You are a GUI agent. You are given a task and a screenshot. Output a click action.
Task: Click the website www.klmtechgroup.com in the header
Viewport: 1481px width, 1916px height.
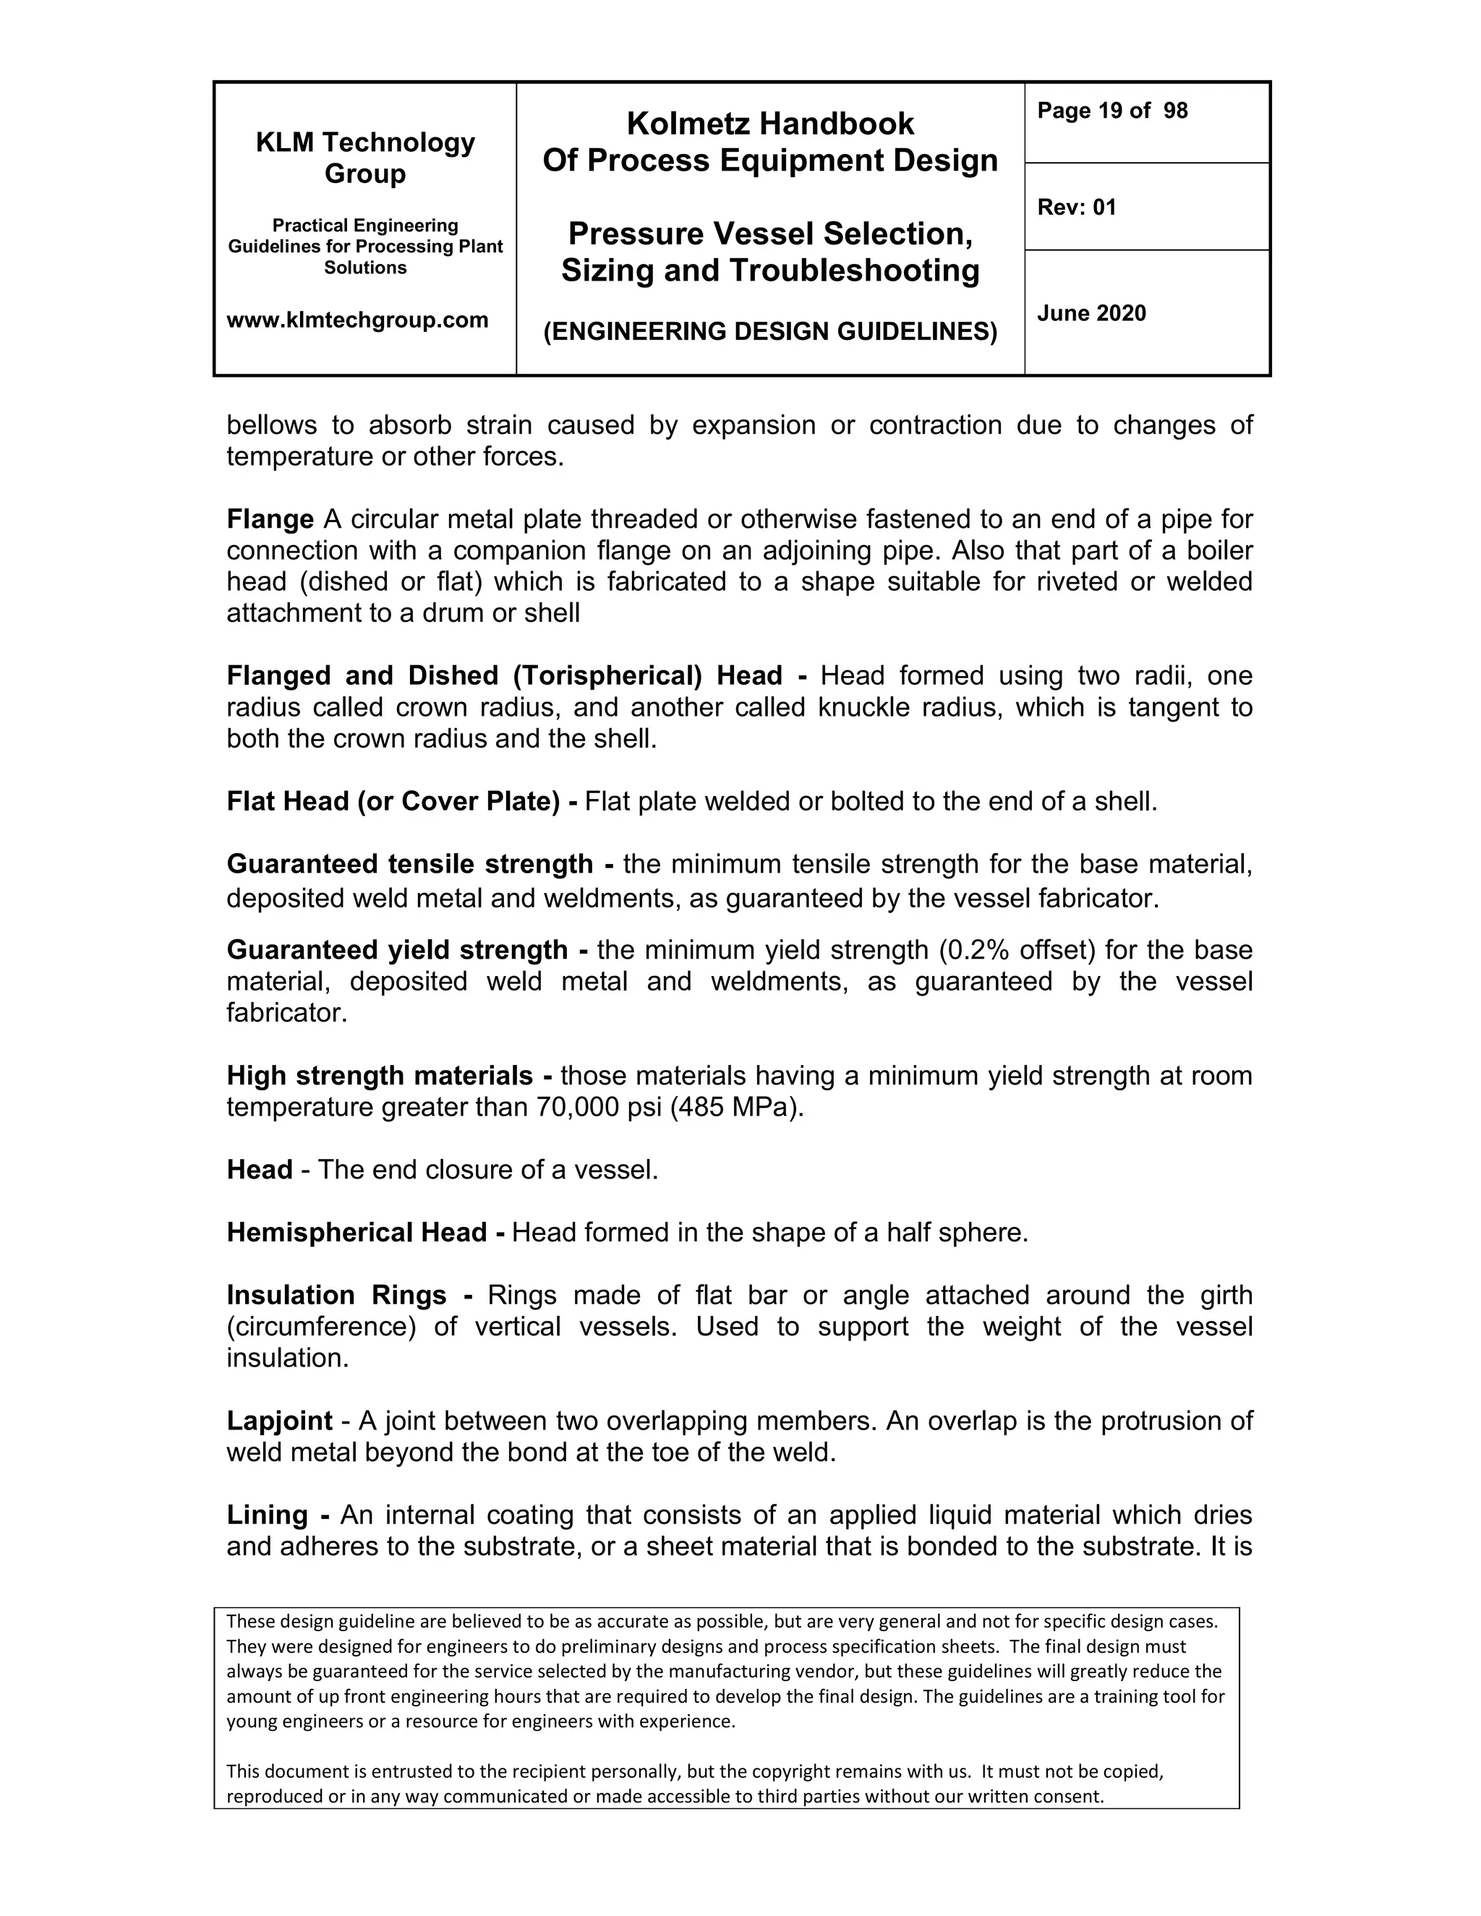357,320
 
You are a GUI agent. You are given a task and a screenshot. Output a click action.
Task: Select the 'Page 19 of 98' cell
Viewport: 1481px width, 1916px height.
1111,111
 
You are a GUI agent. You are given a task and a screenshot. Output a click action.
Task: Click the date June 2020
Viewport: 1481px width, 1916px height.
1091,313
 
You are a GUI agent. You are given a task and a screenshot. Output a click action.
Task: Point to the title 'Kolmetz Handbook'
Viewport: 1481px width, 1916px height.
769,124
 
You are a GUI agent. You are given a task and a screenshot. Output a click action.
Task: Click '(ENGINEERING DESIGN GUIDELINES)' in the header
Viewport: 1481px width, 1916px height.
769,332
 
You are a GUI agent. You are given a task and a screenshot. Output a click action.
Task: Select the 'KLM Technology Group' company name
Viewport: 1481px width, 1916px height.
365,157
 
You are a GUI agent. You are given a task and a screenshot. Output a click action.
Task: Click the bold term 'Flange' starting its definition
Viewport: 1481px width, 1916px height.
269,519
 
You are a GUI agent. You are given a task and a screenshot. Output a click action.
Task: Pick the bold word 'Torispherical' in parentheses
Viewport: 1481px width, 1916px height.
608,675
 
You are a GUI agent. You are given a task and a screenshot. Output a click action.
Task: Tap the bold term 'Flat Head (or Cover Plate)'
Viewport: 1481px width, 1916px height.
393,801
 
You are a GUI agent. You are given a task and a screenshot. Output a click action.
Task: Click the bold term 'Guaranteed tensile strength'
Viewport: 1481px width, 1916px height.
410,864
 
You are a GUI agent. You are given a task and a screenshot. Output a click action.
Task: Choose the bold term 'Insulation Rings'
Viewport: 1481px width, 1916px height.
337,1295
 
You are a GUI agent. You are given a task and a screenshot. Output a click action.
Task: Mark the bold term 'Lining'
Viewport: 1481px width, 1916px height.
267,1515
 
